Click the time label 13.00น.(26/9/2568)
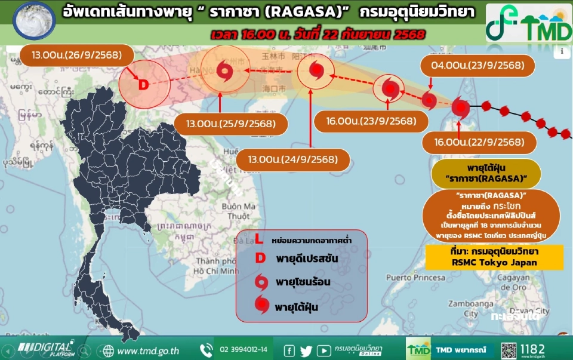pyautogui.click(x=71, y=56)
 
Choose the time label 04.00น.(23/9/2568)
pyautogui.click(x=473, y=65)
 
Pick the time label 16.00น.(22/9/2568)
pyautogui.click(x=473, y=142)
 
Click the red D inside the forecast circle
pyautogui.click(x=143, y=85)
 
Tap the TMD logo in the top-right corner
pyautogui.click(x=529, y=23)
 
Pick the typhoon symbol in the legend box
pyautogui.click(x=261, y=306)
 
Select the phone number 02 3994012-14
pyautogui.click(x=244, y=349)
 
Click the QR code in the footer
pyautogui.click(x=509, y=349)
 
